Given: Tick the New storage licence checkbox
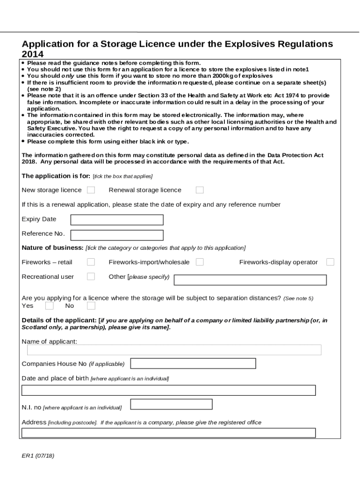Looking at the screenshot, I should [91, 190].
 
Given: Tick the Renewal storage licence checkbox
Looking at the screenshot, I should [200, 190].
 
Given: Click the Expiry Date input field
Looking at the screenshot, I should [116, 220].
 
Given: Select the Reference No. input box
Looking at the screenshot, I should [116, 235].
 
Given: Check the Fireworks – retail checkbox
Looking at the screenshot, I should [91, 262].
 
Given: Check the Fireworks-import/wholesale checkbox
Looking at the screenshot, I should [200, 262].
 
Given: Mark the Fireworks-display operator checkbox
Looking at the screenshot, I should [330, 262].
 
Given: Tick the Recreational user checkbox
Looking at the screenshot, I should [91, 276].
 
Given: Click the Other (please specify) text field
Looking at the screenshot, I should [250, 280].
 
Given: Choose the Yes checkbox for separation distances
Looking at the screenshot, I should [49, 306].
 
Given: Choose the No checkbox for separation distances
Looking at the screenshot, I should [91, 306].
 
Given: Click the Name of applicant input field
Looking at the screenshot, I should [174, 350].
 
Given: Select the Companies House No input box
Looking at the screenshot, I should [193, 363].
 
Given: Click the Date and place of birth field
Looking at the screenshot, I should [168, 390].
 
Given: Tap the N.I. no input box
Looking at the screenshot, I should [171, 404].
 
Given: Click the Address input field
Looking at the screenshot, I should [168, 433].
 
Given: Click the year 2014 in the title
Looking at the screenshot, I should [33, 54].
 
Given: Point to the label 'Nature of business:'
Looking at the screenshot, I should [52, 247].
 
